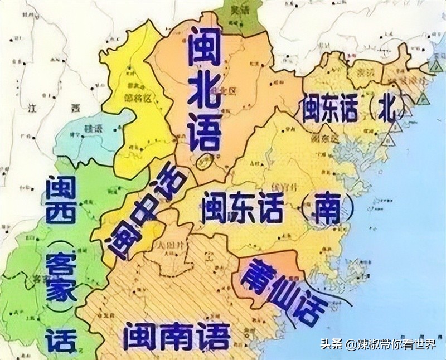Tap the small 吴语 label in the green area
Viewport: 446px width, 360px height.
(240, 10)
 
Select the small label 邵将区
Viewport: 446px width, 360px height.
(137, 95)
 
